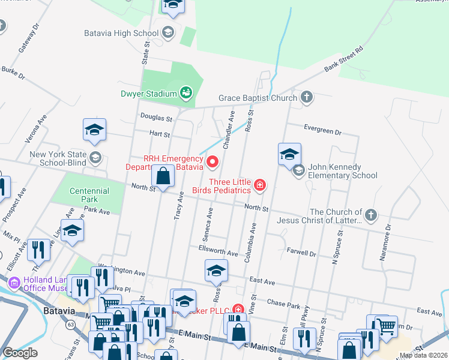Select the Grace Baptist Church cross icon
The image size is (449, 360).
point(307,97)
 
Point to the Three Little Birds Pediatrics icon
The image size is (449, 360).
point(260,185)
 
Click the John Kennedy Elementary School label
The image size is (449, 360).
point(343,171)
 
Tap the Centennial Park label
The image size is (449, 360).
point(89,194)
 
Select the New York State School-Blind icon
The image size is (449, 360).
point(95,158)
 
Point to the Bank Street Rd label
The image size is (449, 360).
point(344,61)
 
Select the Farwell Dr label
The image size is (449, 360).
point(302,254)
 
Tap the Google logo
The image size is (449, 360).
point(20,353)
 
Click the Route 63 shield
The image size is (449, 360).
point(71,325)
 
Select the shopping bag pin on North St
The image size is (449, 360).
point(163,176)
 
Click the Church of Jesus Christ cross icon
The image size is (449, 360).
point(371,215)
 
